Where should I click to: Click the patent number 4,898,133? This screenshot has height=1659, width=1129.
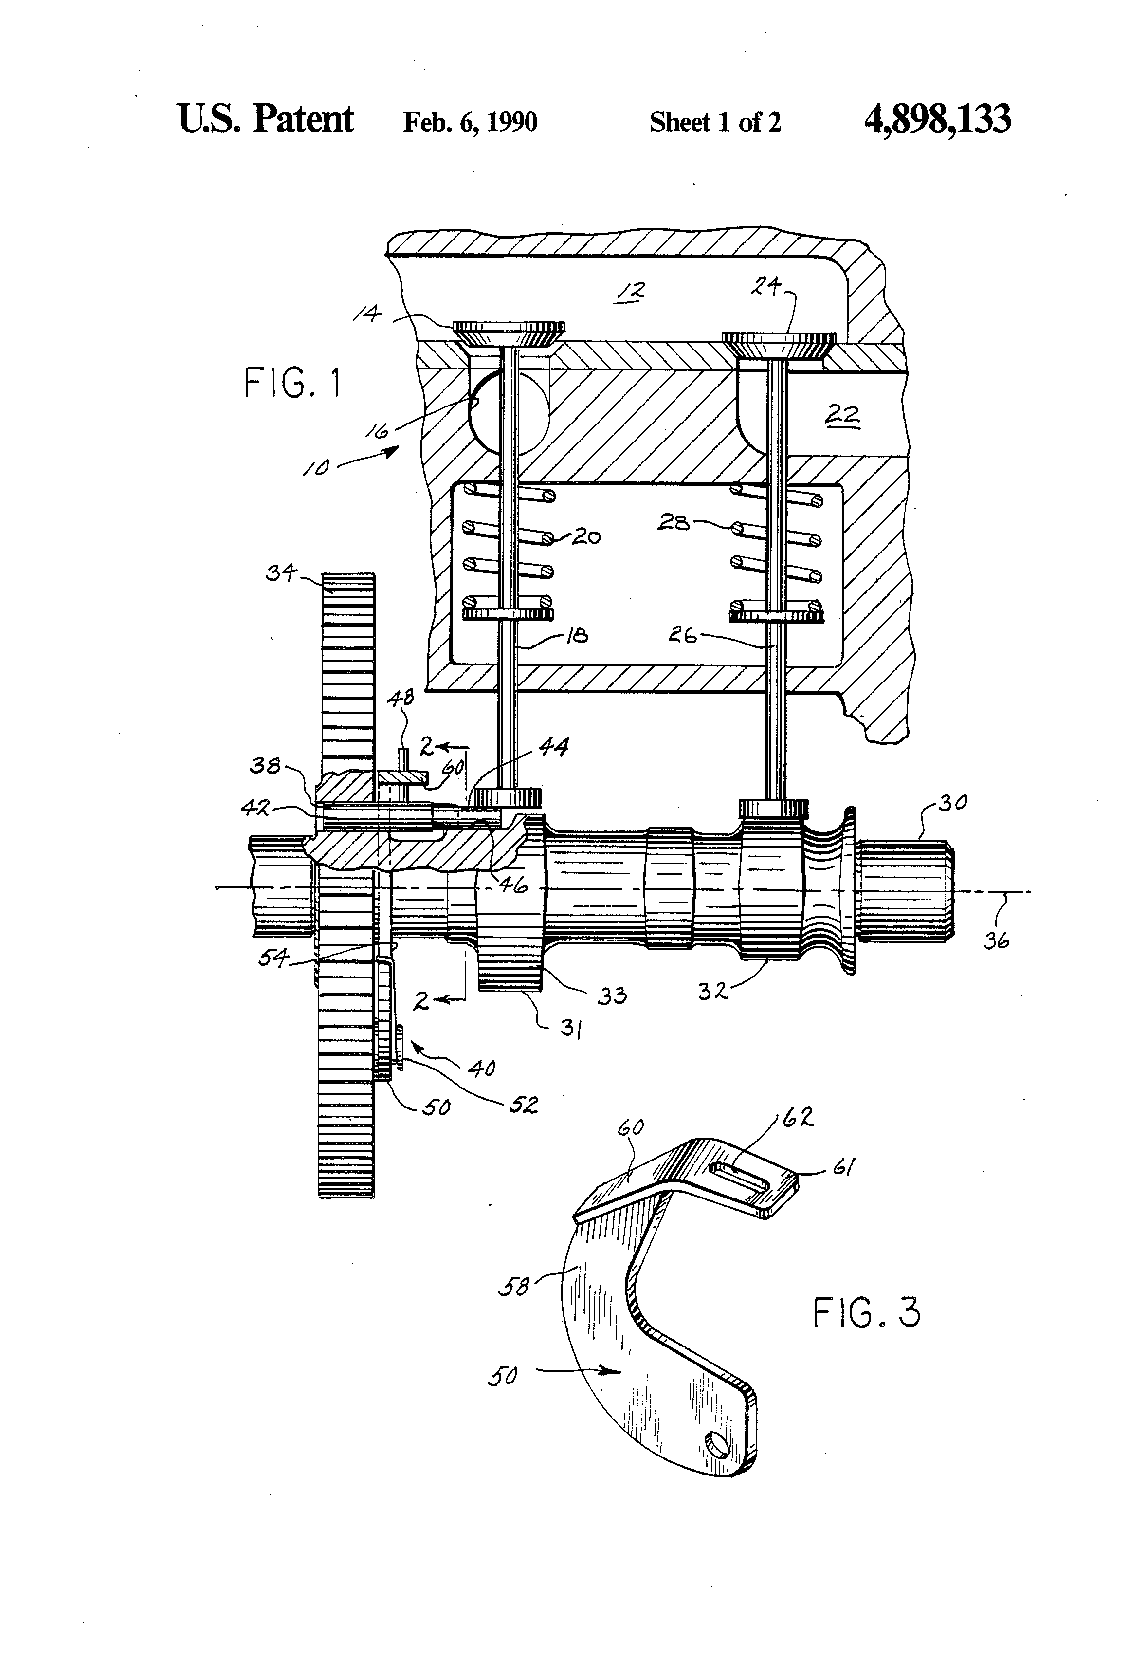coord(937,119)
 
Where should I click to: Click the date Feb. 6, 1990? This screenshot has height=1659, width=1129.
coord(470,122)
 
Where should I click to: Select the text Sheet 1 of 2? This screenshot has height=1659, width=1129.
coord(715,122)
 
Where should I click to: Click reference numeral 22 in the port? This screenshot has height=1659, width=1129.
coord(842,414)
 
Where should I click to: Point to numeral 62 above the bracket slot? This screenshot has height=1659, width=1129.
coord(798,1117)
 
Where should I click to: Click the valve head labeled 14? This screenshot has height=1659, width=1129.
coord(509,334)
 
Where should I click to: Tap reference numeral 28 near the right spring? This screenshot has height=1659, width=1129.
coord(674,523)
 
